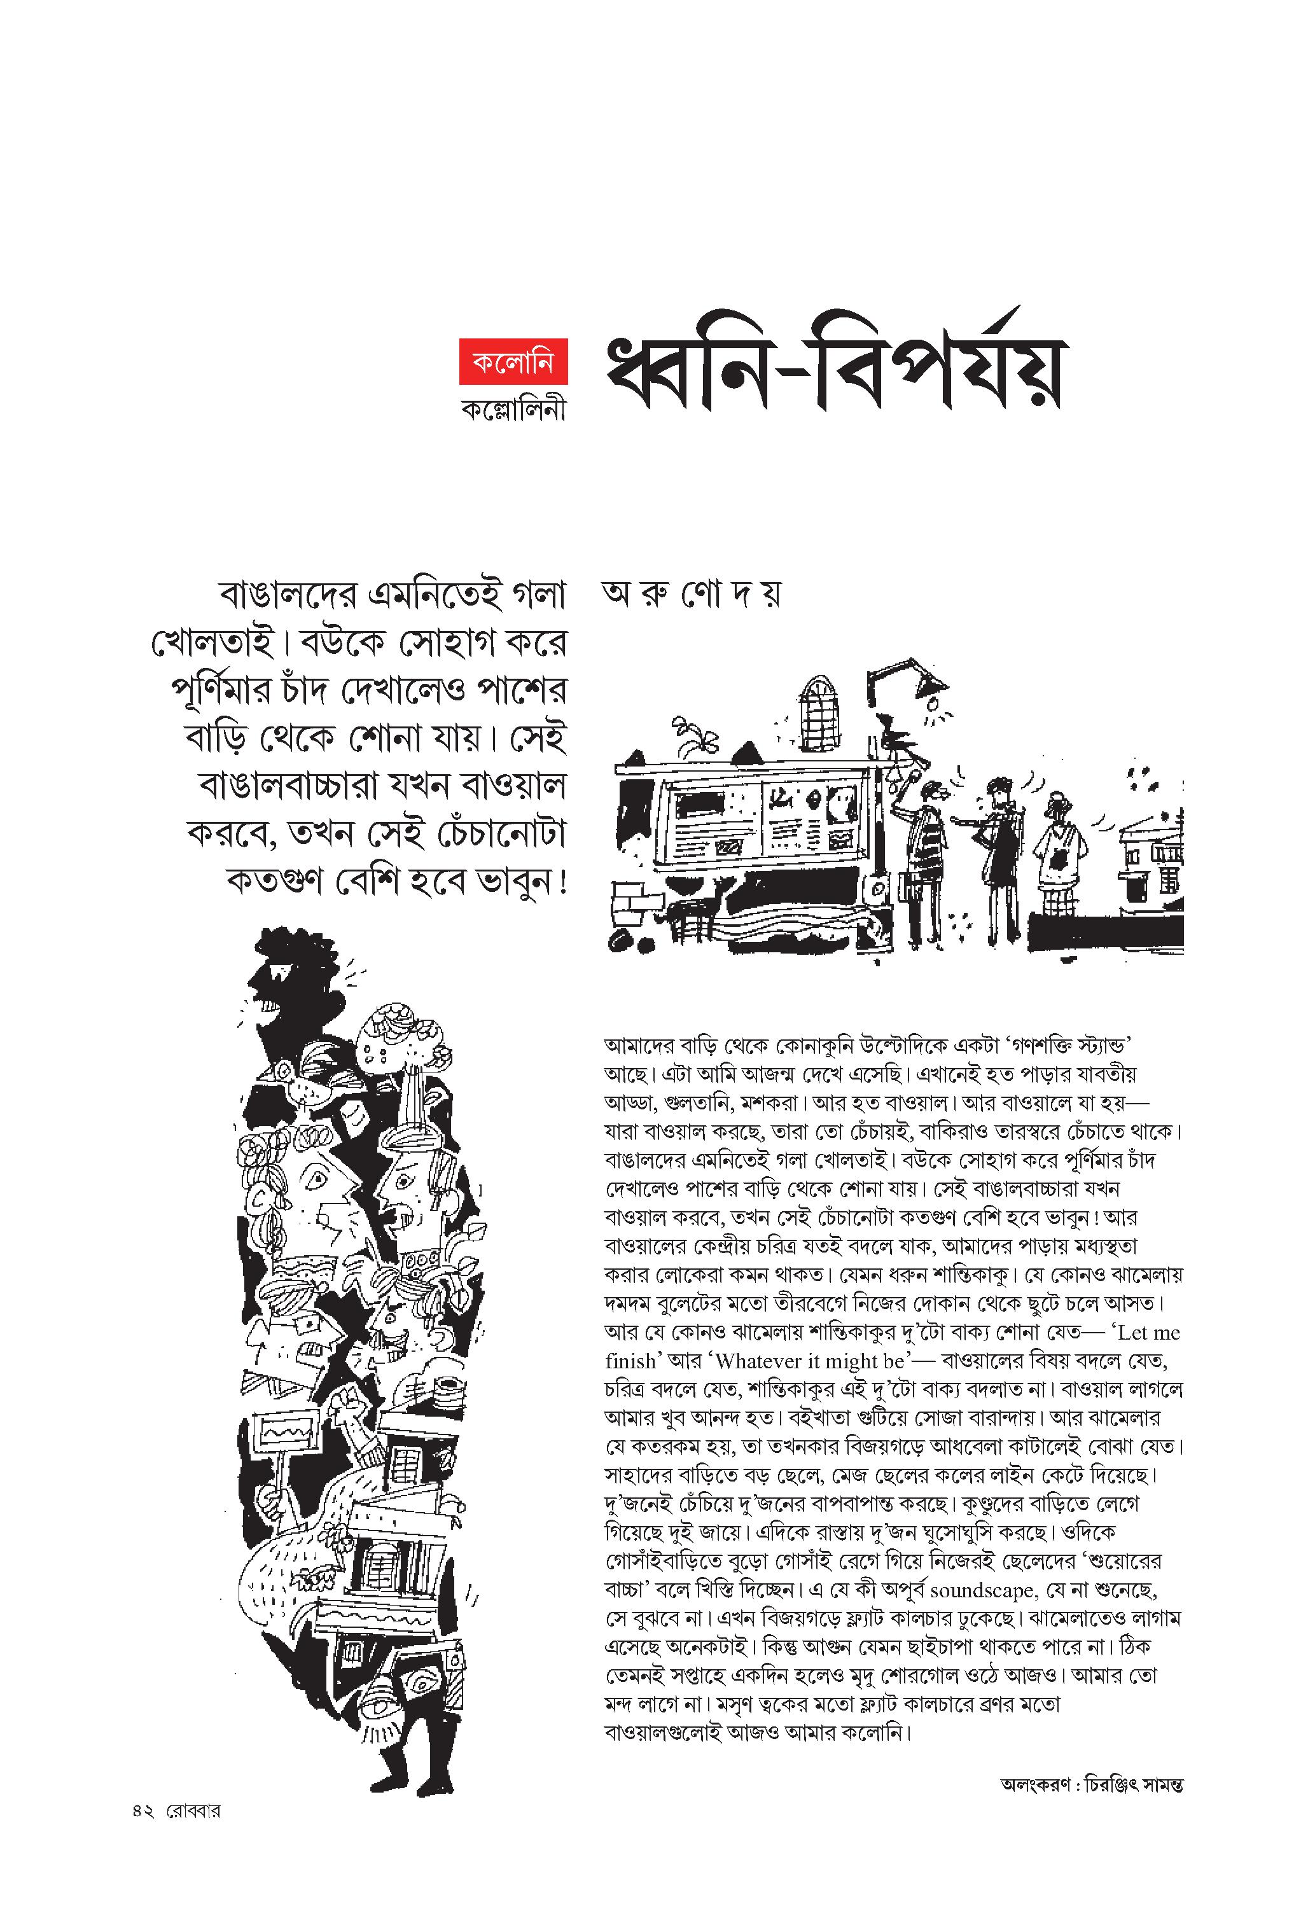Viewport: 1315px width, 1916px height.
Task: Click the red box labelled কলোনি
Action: (513, 361)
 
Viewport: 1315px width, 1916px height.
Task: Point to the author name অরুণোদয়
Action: (691, 594)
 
